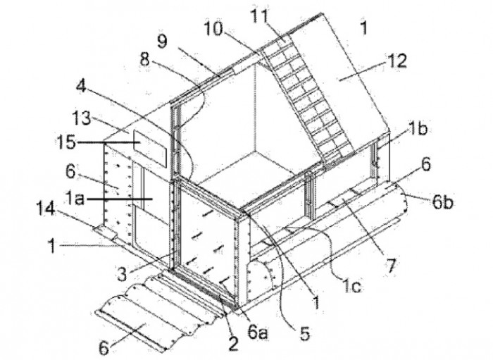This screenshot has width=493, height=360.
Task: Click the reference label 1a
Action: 75,199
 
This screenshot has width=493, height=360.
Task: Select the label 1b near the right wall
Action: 418,128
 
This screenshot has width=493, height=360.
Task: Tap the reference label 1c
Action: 351,285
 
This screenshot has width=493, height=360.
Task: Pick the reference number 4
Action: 82,87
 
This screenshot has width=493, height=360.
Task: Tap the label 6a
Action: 258,333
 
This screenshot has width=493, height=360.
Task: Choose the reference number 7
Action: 390,266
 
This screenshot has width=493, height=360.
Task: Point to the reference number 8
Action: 145,58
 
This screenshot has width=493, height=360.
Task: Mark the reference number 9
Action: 162,41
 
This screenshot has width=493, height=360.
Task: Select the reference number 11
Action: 259,15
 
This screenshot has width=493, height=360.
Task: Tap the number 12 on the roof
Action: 397,61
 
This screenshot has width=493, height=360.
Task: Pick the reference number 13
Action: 82,118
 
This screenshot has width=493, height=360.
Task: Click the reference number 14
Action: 46,208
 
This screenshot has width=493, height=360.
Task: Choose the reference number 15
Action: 66,142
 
